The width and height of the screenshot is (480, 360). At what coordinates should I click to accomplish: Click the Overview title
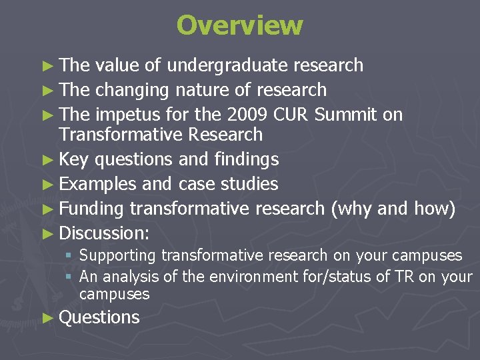pos(240,25)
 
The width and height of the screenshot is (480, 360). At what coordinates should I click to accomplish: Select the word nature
pos(205,89)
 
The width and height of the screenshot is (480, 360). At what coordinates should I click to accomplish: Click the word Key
pos(74,159)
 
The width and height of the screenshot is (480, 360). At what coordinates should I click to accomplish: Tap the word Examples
pos(97,184)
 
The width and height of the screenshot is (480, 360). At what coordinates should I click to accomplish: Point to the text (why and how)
pos(393,209)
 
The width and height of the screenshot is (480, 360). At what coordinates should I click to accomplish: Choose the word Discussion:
pos(104,233)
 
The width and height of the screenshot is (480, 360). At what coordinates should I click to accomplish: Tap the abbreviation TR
pos(405,276)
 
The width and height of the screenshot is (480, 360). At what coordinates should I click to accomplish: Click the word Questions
pos(99,317)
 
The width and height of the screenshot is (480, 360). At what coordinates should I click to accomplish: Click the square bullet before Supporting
pos(69,255)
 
